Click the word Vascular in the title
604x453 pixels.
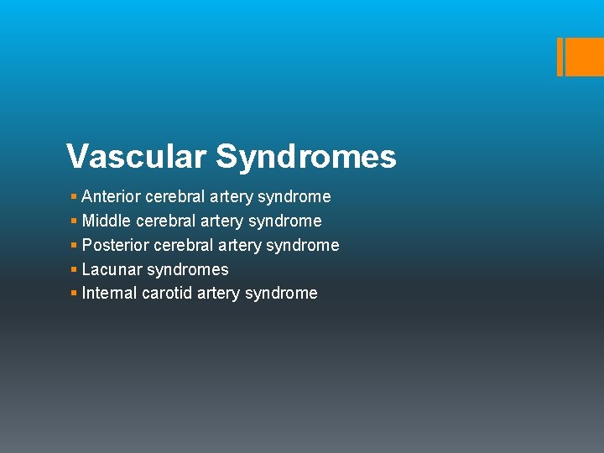coord(136,157)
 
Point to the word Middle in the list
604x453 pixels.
coord(106,221)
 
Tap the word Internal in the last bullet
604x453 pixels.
coord(110,294)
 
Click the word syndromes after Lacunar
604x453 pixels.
coord(187,270)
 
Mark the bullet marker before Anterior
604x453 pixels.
coord(74,197)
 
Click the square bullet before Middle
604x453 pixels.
coord(74,221)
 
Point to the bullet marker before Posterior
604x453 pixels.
coord(74,246)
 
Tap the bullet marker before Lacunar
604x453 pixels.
coord(74,270)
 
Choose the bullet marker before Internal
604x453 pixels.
coord(74,294)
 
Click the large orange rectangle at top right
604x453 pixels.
coord(585,57)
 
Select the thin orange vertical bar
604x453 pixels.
coord(560,57)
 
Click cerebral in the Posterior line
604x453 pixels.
coord(182,246)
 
